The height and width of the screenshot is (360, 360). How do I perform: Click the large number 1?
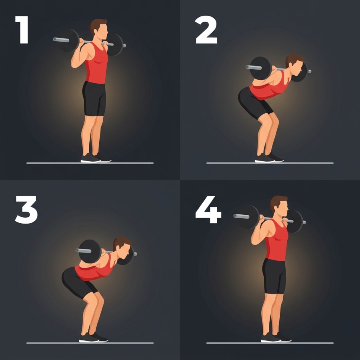tap(22, 30)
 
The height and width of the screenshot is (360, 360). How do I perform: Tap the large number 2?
tap(206, 30)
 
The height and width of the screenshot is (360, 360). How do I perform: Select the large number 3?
tap(26, 210)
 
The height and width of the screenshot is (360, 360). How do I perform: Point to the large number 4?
tap(208, 209)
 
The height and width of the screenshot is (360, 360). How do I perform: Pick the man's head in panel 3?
tap(122, 248)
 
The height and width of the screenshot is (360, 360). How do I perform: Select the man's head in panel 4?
tap(279, 206)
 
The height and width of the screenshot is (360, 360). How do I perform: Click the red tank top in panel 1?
tap(96, 63)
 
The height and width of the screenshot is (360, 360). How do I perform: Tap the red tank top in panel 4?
tap(277, 240)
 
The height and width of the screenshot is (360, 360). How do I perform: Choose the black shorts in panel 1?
tap(94, 98)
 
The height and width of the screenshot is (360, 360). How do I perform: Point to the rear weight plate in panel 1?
tap(68, 41)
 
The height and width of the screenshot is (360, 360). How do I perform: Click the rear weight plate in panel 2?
tap(260, 68)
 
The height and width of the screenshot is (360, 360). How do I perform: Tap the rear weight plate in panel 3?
tap(90, 252)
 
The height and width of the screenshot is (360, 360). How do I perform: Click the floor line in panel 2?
tap(270, 163)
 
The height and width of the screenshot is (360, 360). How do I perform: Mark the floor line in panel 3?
tap(90, 343)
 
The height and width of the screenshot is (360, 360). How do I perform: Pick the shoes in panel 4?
tap(276, 338)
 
